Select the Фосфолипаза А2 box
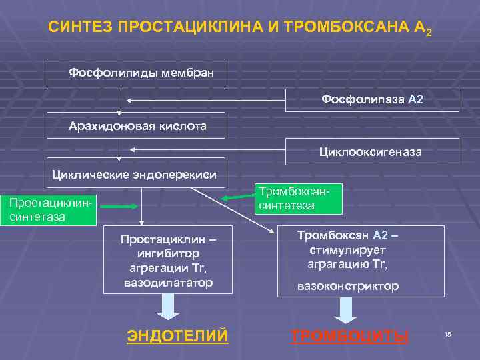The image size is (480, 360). click(372, 99)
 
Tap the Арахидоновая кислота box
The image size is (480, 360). click(136, 125)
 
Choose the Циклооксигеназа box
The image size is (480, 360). click(372, 152)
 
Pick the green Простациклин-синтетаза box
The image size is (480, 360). click(48, 209)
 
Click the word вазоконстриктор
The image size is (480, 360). click(348, 286)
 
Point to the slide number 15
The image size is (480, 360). click(448, 333)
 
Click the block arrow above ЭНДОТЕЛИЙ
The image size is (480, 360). click(168, 307)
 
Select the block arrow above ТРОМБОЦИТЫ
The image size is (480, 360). click(347, 309)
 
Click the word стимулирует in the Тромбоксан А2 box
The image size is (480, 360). click(347, 250)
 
